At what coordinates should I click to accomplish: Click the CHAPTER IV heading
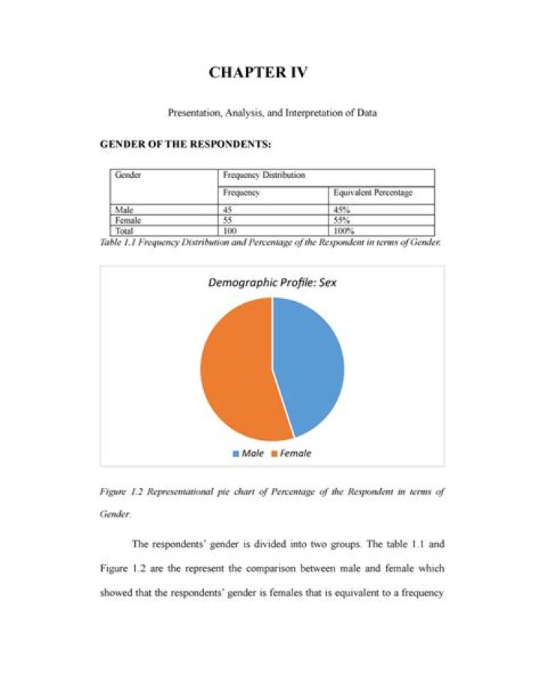click(x=258, y=73)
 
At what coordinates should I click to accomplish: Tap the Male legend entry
click(x=251, y=453)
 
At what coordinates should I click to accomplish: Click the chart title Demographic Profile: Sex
click(x=272, y=282)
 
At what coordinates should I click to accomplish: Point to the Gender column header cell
click(x=129, y=175)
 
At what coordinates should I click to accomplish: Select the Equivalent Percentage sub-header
click(x=373, y=193)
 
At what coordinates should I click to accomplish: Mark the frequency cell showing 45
click(x=229, y=210)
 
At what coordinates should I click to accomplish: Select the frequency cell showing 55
click(x=229, y=221)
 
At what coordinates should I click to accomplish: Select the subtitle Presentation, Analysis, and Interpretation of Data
click(x=271, y=113)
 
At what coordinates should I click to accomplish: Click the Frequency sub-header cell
click(x=241, y=193)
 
